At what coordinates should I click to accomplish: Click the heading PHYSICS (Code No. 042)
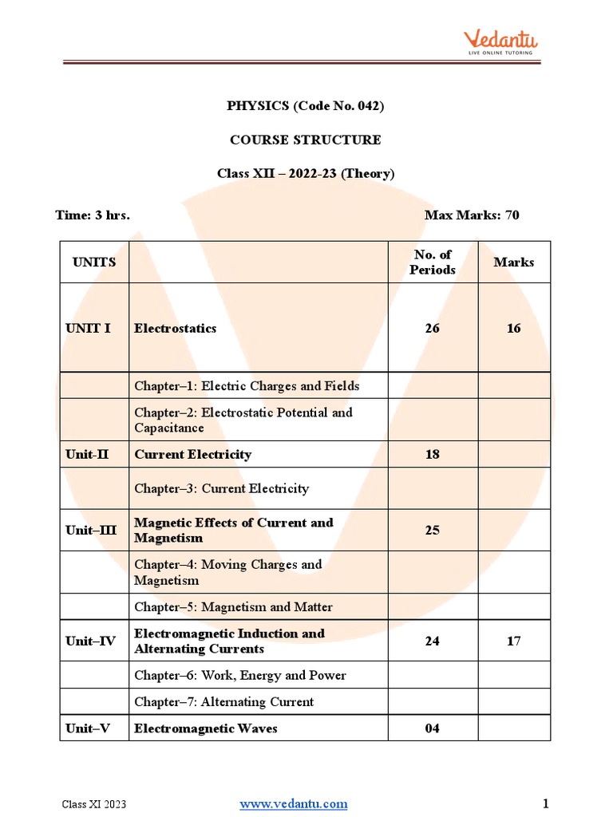pyautogui.click(x=306, y=106)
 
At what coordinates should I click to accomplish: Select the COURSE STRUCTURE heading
pyautogui.click(x=306, y=140)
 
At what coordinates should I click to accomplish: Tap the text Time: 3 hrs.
pyautogui.click(x=93, y=215)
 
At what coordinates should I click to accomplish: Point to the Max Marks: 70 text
pyautogui.click(x=472, y=215)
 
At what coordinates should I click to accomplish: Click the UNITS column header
pyautogui.click(x=94, y=262)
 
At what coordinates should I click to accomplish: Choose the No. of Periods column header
pyautogui.click(x=433, y=262)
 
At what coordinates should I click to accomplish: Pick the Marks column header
pyautogui.click(x=514, y=262)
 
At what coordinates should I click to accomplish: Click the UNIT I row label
pyautogui.click(x=89, y=328)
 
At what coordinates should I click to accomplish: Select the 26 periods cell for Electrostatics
pyautogui.click(x=433, y=328)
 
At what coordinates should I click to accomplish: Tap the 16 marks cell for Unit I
pyautogui.click(x=514, y=328)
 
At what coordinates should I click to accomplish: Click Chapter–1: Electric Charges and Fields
pyautogui.click(x=247, y=386)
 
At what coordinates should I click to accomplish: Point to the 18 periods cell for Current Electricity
pyautogui.click(x=433, y=455)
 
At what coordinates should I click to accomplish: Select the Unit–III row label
pyautogui.click(x=92, y=531)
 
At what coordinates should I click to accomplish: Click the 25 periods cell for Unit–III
pyautogui.click(x=433, y=531)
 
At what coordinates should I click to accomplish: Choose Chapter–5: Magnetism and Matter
pyautogui.click(x=233, y=607)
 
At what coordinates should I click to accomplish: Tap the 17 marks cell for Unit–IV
pyautogui.click(x=514, y=641)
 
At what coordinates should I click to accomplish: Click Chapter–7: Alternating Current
pyautogui.click(x=223, y=702)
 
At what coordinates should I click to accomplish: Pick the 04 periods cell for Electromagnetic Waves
pyautogui.click(x=433, y=728)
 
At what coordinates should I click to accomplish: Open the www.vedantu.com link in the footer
pyautogui.click(x=294, y=803)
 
